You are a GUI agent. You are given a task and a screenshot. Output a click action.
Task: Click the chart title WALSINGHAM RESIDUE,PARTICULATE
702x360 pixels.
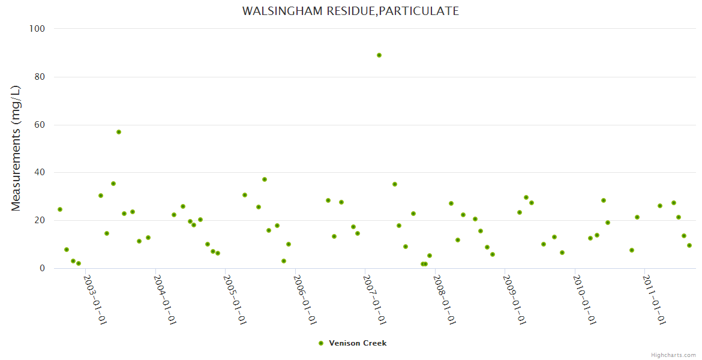350,11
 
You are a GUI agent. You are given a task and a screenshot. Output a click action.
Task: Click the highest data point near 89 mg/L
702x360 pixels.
379,55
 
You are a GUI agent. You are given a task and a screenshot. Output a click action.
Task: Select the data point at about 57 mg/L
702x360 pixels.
119,132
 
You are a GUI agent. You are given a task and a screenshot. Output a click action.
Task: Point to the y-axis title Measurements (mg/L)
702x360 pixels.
16,148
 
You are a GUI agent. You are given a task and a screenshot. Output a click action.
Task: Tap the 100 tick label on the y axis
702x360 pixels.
38,29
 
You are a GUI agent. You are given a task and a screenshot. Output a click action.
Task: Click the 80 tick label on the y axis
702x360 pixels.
40,77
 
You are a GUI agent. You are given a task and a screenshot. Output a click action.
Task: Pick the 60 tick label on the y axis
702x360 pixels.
40,125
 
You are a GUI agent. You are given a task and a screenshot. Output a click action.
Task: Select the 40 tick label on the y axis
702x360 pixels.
40,173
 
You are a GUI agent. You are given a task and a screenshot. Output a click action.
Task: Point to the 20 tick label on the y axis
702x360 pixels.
40,221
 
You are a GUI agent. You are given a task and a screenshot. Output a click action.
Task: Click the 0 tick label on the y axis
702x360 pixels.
43,269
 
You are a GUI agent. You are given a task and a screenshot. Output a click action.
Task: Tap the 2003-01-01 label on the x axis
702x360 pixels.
95,300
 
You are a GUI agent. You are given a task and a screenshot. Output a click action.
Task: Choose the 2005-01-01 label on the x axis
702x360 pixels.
235,300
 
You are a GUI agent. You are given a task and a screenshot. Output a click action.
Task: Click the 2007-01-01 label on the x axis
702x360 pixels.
374,300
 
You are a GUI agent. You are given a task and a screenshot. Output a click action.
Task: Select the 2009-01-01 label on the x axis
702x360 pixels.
514,300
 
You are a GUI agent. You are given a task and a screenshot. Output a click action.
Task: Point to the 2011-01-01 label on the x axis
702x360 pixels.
654,300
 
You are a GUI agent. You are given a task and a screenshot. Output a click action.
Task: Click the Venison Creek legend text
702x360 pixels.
358,343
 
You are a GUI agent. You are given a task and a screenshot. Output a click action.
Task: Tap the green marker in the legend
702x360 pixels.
321,343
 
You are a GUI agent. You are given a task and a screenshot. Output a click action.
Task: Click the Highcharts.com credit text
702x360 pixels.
673,355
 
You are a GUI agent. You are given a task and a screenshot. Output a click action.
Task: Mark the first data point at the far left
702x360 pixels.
60,209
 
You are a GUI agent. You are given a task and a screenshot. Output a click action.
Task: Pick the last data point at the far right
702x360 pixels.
689,245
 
